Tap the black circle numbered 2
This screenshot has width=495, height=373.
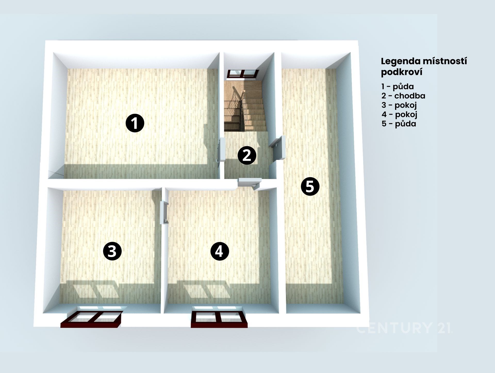(247, 156)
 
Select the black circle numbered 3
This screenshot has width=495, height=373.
(112, 251)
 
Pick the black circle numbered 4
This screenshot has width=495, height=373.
(220, 251)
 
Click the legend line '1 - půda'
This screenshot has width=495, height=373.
(398, 86)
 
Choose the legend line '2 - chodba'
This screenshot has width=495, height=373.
(403, 96)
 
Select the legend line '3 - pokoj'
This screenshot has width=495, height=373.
(399, 105)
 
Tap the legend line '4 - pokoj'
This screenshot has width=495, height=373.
(400, 114)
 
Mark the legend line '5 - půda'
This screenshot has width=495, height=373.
(399, 124)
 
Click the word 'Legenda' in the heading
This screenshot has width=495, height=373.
(401, 61)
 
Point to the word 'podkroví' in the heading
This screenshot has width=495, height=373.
(402, 72)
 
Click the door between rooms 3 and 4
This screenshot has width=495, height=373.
(164, 213)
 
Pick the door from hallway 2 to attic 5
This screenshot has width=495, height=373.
(278, 149)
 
